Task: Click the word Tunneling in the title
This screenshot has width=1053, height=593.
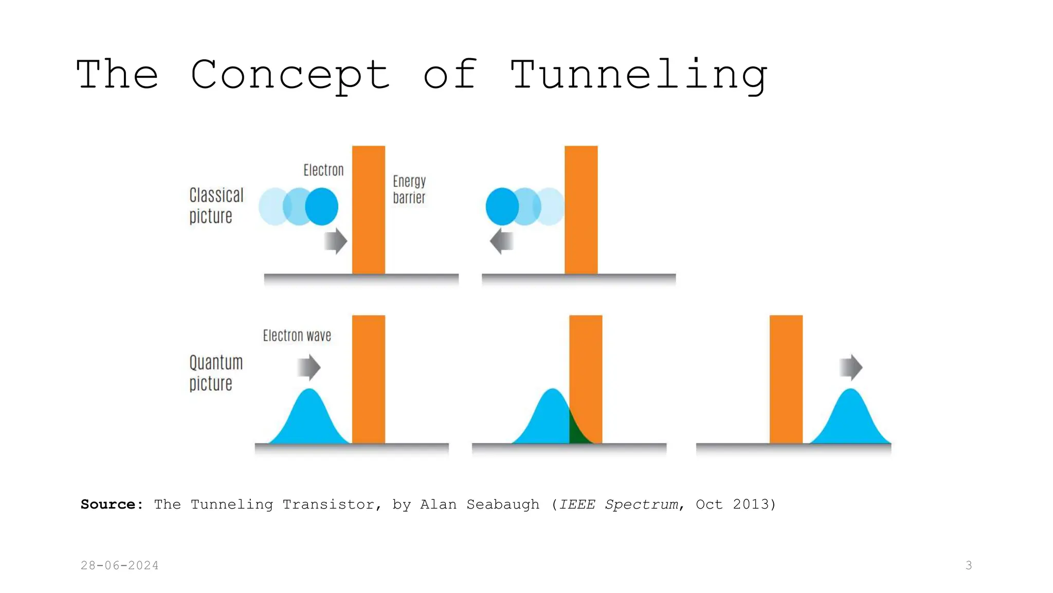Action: point(639,75)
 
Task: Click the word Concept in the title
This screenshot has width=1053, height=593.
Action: point(290,75)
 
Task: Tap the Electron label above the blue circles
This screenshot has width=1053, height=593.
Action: point(323,170)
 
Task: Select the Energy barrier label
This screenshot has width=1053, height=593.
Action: point(409,189)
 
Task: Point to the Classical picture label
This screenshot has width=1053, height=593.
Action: point(216,205)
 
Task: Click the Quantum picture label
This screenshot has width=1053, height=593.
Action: point(215,373)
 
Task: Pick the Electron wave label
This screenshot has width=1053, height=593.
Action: point(297,336)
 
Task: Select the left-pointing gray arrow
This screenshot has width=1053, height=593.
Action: point(501,241)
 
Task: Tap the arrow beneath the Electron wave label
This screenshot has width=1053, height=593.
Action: point(309,368)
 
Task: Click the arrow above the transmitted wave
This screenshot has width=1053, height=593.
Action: point(851,368)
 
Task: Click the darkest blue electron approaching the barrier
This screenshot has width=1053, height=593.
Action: point(322,206)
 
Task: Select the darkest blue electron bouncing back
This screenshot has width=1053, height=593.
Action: point(502,206)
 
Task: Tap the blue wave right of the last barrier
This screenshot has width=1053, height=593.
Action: point(851,420)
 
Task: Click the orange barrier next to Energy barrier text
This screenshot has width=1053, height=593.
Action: point(369,210)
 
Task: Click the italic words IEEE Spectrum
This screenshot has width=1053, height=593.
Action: point(619,504)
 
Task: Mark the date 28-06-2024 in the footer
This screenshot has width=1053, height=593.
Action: point(120,565)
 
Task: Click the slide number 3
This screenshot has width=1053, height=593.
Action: point(969,565)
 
